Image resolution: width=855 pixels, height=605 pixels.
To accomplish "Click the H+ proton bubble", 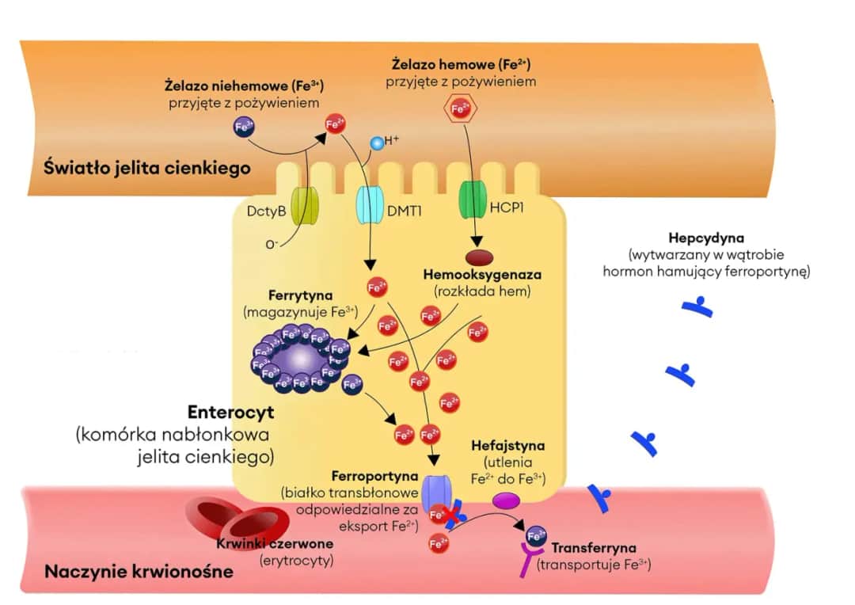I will (x=378, y=143).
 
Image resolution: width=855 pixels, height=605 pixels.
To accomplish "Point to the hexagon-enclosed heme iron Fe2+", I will (x=460, y=108).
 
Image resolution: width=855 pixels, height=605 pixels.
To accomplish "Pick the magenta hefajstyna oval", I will (x=507, y=500).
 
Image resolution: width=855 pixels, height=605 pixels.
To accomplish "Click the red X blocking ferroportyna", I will (x=452, y=517).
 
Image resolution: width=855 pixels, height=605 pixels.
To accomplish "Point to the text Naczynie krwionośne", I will (x=139, y=572).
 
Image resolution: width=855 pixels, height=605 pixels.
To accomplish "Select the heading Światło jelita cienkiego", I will (x=147, y=168).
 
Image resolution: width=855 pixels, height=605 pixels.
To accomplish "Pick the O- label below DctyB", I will (x=272, y=244).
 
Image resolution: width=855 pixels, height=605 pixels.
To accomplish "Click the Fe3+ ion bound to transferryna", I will (x=536, y=535).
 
